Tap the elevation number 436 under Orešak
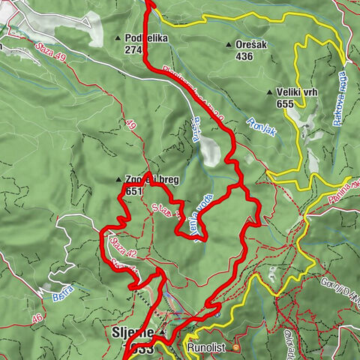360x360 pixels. tap(244, 56)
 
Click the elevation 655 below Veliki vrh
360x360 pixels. tap(285, 105)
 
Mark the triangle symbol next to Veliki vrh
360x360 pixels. tap(270, 93)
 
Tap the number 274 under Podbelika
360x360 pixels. tap(134, 50)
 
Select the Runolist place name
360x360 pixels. tap(204, 348)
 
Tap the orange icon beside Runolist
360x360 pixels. tap(236, 347)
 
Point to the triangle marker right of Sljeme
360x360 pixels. tap(162, 331)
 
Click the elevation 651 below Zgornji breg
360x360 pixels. tap(134, 191)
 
